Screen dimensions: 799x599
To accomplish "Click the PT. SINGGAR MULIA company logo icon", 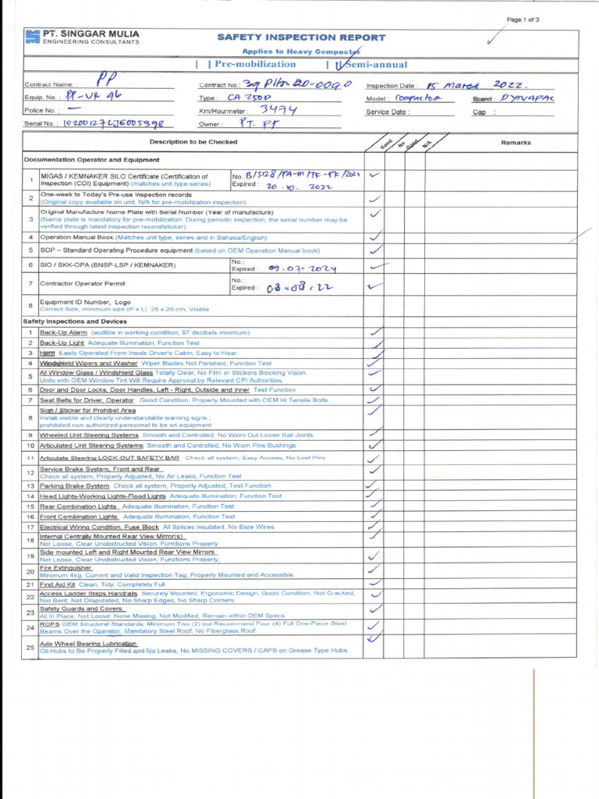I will (x=32, y=37).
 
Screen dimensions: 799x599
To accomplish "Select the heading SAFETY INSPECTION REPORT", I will (x=301, y=37).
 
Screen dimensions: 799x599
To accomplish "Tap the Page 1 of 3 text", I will (x=523, y=20).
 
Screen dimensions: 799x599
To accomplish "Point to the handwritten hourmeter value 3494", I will (x=278, y=110).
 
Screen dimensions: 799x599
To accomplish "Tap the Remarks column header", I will (x=516, y=143).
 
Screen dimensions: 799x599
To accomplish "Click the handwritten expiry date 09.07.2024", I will (x=302, y=268).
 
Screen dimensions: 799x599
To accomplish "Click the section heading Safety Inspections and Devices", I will (x=75, y=321).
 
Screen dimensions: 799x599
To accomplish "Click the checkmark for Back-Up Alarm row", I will (x=375, y=332).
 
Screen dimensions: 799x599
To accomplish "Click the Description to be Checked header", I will (x=193, y=142).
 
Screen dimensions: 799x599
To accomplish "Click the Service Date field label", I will (x=387, y=112).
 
